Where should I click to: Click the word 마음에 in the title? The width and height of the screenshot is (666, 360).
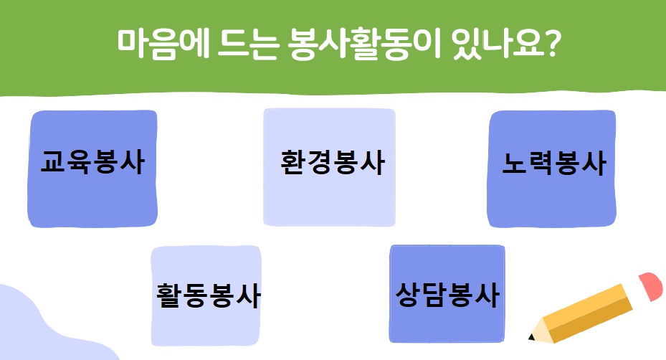[x=163, y=44]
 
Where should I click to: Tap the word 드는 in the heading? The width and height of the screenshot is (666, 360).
[x=248, y=44]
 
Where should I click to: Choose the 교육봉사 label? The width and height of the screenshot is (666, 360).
[x=92, y=162]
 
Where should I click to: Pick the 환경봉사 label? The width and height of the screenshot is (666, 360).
[x=333, y=162]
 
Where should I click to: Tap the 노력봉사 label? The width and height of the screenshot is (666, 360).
[x=554, y=163]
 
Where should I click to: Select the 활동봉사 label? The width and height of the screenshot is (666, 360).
[x=208, y=295]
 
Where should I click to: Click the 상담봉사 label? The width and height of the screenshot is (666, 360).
[x=447, y=294]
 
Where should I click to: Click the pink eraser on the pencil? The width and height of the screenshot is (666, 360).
[x=651, y=286]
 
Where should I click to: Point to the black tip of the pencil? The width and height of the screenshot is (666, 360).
[x=531, y=337]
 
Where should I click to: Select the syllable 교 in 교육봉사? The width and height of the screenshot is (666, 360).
[x=53, y=162]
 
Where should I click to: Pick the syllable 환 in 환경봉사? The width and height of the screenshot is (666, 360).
[x=293, y=162]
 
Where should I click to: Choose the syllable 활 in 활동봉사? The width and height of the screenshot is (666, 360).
[x=168, y=295]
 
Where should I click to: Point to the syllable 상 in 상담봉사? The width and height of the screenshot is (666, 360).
[x=408, y=294]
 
